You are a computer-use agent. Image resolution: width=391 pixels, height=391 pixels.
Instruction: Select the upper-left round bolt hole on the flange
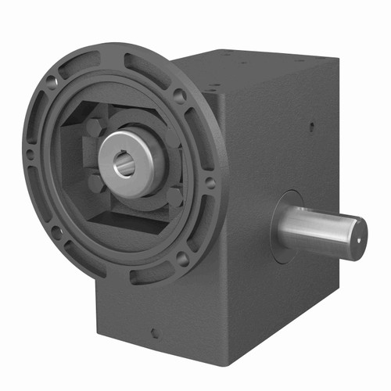tap(52, 81)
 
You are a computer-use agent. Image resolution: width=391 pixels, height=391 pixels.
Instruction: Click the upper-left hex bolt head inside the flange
tap(95, 127)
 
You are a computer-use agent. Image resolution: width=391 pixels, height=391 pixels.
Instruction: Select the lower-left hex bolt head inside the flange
tap(96, 185)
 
